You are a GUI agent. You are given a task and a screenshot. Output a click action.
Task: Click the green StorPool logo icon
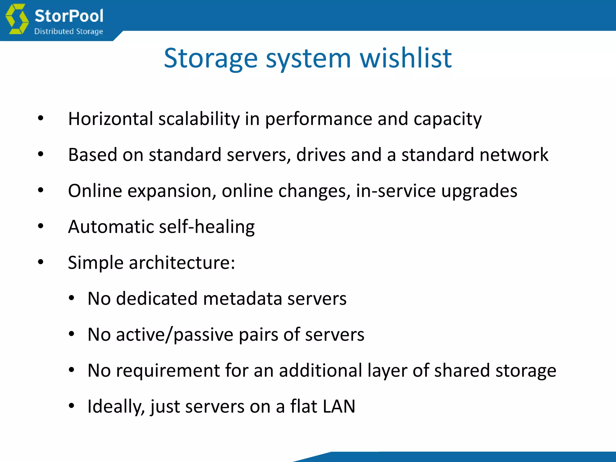coord(17,19)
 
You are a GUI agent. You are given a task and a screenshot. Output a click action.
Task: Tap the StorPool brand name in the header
coord(69,16)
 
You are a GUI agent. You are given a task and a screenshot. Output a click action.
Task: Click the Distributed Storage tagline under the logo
coord(69,31)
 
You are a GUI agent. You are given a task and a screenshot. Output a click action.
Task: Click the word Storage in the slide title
coord(211,58)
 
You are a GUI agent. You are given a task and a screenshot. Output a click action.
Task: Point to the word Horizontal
coord(111,119)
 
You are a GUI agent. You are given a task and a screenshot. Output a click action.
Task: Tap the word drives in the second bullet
coord(321,155)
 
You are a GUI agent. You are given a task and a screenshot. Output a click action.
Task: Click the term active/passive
coord(174,334)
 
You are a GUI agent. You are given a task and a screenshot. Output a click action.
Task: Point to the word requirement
coord(168,371)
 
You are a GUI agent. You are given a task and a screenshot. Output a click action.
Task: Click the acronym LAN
coord(339,406)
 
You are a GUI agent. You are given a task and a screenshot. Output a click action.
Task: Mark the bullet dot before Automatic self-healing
coord(41,226)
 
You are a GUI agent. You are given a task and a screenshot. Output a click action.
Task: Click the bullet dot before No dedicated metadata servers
coord(71,298)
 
